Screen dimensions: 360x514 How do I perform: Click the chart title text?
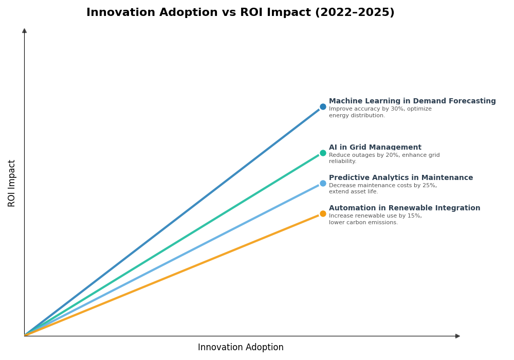coord(240,13)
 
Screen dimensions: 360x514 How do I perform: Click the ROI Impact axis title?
coord(12,183)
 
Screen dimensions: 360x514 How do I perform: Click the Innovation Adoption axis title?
coord(241,348)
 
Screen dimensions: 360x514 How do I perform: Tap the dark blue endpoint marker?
coord(323,107)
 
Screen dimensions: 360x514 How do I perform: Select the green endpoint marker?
coord(323,153)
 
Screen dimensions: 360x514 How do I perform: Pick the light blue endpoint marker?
coord(323,183)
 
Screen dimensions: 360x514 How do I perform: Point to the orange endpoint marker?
coord(323,213)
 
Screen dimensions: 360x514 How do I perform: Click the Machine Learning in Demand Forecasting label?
coord(412,101)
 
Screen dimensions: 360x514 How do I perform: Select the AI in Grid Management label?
coord(375,148)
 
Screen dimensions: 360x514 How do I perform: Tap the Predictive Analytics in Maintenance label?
coord(401,178)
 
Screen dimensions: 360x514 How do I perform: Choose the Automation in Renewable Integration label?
coord(405,208)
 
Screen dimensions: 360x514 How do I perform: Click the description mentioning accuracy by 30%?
coord(380,112)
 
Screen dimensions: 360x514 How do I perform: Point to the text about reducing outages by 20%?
coord(384,158)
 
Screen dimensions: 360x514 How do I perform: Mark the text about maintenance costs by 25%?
coord(382,188)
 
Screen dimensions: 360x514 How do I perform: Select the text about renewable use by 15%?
coord(375,219)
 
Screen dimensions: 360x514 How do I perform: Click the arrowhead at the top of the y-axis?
coord(24,31)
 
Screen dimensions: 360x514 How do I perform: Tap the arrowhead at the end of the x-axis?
coord(457,336)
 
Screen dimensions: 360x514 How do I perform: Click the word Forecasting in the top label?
coord(471,101)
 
